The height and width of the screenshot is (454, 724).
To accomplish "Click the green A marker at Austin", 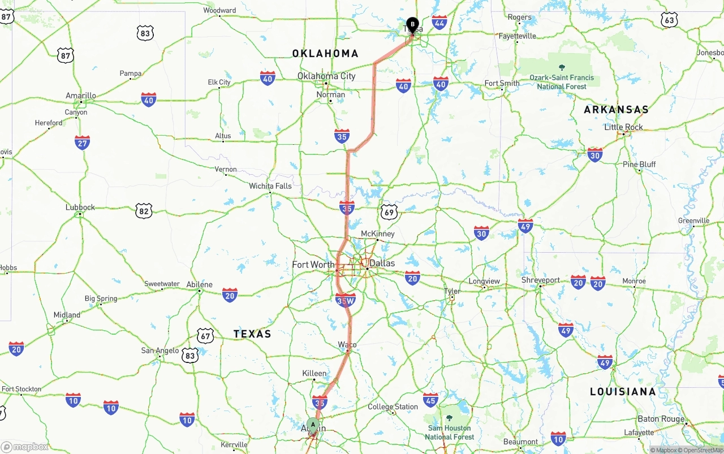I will [313, 426].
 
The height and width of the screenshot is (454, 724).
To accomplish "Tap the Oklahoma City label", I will [326, 76].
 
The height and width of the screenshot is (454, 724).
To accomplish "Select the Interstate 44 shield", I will [439, 23].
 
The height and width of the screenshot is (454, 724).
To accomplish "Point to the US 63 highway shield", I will [669, 20].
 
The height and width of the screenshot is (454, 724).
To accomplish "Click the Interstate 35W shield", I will [345, 301].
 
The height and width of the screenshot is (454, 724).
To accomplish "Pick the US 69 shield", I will [389, 212].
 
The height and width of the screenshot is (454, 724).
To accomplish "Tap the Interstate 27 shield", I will [82, 142].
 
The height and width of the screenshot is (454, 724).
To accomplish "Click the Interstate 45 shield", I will [430, 400].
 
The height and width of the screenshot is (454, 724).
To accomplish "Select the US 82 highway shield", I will [144, 211].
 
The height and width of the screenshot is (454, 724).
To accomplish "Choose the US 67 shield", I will [205, 336].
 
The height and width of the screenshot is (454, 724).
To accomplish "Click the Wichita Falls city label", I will [270, 186].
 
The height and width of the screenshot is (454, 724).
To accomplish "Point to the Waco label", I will [347, 344].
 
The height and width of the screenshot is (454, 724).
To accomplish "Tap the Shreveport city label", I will [541, 280].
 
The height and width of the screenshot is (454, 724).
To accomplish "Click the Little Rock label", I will [623, 127].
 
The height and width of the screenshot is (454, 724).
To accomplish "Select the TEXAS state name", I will [252, 334].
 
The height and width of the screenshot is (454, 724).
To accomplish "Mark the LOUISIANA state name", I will [623, 391].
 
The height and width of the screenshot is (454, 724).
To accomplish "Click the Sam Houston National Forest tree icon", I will [449, 418].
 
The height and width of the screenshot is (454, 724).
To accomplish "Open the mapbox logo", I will [25, 447].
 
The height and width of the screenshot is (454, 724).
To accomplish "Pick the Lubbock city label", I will [80, 207].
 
